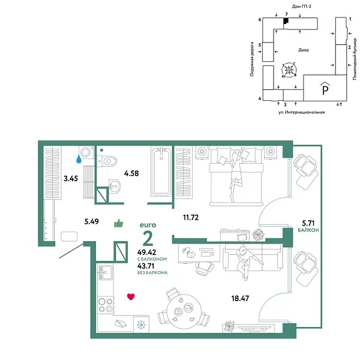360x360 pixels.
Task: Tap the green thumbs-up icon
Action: (x=118, y=224)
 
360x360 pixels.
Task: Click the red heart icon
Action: (x=131, y=296)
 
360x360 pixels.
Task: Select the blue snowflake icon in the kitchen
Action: (x=142, y=325)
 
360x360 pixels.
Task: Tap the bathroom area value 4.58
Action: (x=132, y=173)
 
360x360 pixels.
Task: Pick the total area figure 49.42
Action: (x=147, y=253)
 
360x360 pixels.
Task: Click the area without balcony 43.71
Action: (x=147, y=267)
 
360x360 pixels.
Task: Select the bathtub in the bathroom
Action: (x=161, y=173)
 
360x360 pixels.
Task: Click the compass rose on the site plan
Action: (x=290, y=71)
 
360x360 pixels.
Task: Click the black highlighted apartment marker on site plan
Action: (x=286, y=21)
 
